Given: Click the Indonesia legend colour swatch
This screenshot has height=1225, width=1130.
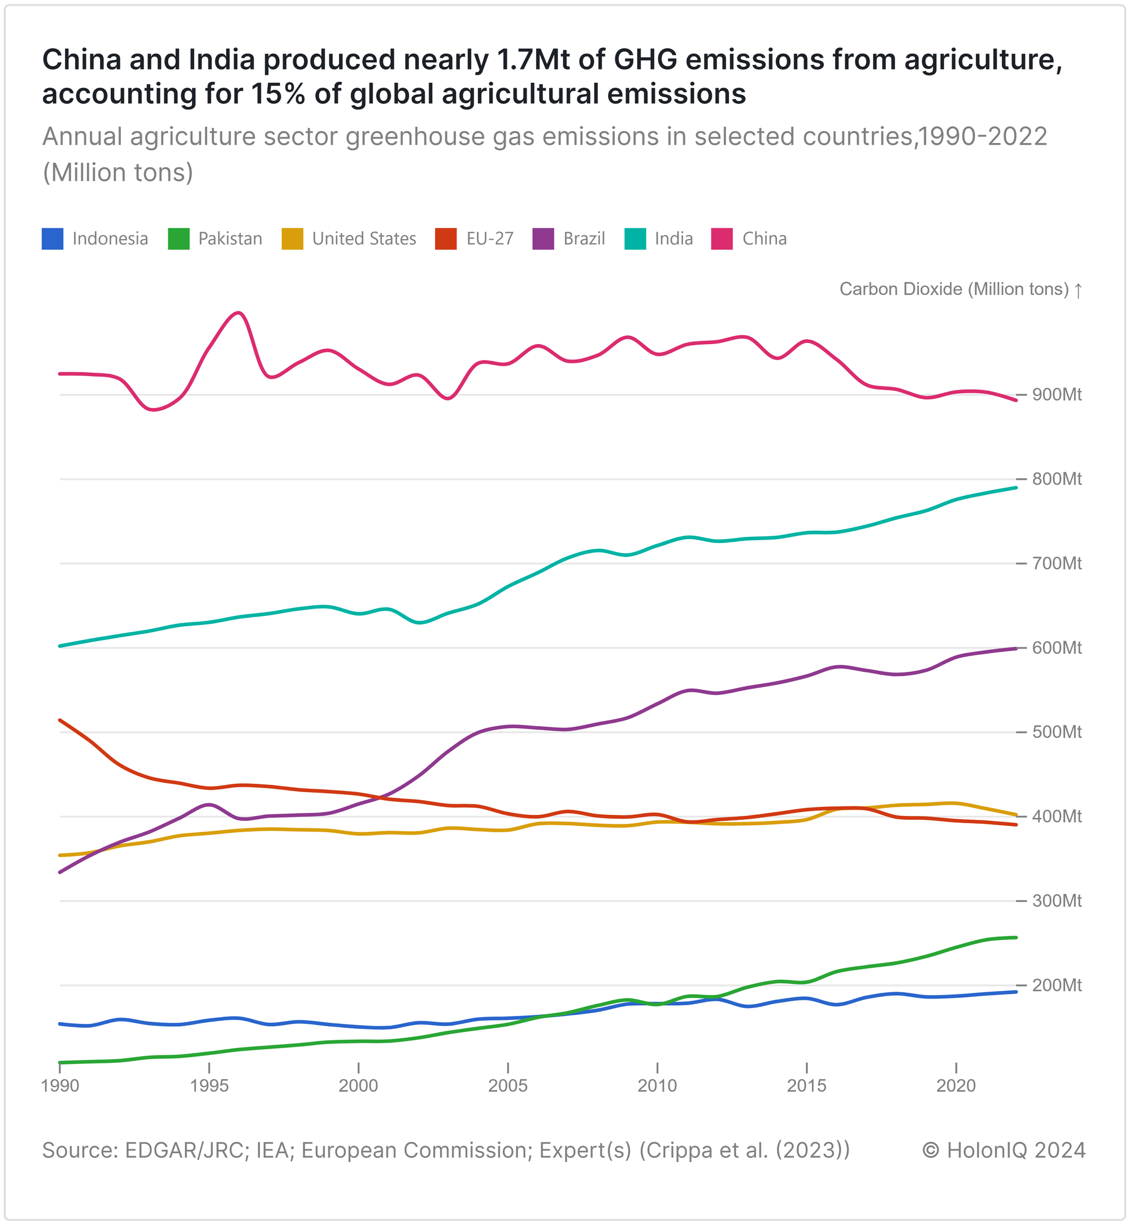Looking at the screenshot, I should (53, 238).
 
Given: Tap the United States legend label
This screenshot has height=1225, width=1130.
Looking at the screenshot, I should (364, 238).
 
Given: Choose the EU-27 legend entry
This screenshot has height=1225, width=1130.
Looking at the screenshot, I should (489, 238).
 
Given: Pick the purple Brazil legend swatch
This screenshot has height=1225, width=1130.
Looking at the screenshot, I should (543, 238).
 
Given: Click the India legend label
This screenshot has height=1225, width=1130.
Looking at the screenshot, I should (674, 238).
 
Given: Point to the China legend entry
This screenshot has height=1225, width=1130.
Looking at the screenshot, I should (764, 238).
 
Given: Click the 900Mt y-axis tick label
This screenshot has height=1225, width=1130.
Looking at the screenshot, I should (1057, 395).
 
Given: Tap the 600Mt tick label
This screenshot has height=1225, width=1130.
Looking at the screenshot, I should (1057, 648).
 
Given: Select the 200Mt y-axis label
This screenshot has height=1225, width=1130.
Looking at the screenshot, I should (1057, 985).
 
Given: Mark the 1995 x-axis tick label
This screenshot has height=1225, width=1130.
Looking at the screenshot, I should (209, 1086).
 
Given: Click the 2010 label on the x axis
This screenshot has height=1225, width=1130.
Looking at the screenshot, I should (657, 1086).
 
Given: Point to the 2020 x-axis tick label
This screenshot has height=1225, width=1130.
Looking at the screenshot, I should (957, 1086).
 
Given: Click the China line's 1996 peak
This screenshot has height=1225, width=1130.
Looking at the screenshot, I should (239, 313).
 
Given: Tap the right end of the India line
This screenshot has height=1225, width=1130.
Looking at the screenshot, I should (1016, 488).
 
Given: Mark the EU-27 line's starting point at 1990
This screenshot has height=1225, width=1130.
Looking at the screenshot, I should (60, 720).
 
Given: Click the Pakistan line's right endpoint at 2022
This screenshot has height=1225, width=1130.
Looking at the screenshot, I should (1016, 937).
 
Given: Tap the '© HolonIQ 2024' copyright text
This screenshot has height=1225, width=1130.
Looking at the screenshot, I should (1003, 1150).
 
